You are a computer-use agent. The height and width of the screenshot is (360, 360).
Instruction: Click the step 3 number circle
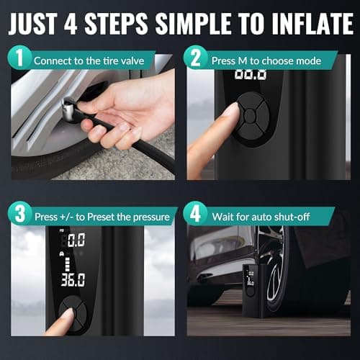click(x=21, y=215)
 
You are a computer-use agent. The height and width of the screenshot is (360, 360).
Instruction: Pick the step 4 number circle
click(x=195, y=215)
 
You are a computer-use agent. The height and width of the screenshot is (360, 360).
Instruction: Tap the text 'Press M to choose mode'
click(x=258, y=60)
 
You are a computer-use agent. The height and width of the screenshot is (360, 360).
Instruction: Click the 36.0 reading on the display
click(x=72, y=279)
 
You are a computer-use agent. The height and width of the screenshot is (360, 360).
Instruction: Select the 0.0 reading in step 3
click(x=75, y=240)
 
